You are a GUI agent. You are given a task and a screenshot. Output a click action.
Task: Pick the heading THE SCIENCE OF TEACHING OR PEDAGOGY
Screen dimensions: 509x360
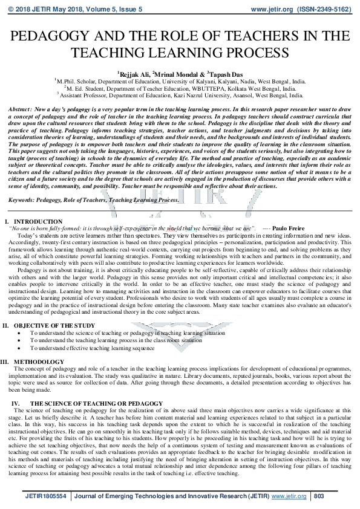(x=88, y=403)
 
